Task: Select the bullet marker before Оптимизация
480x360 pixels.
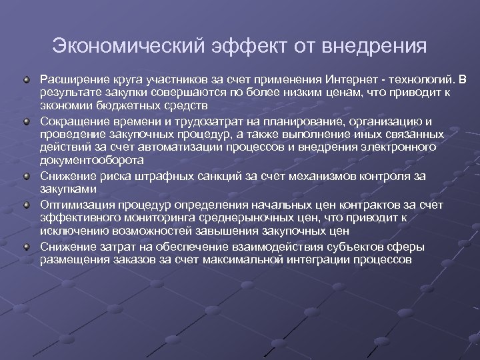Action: point(27,204)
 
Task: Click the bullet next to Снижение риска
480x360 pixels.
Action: point(27,176)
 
